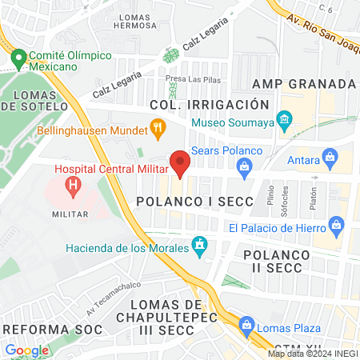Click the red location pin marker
180,162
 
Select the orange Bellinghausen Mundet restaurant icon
158,126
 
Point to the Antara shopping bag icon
328,157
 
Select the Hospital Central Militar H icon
74,189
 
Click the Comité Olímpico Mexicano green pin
18,58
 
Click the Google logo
26,350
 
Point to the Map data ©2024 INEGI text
312,354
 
